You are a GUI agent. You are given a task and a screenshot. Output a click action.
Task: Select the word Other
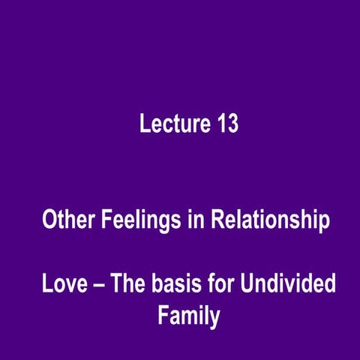click(67, 221)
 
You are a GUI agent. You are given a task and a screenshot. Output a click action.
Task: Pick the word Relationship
click(269, 222)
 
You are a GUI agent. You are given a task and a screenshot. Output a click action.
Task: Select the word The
click(125, 285)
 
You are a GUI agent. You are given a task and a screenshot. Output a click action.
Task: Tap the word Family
click(188, 316)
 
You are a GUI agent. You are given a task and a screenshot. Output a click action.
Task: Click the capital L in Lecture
click(144, 124)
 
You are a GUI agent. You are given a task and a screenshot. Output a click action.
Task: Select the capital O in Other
click(49, 221)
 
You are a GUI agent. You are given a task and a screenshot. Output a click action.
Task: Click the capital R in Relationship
click(217, 221)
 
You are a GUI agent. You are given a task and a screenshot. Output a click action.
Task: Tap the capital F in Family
click(162, 315)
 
